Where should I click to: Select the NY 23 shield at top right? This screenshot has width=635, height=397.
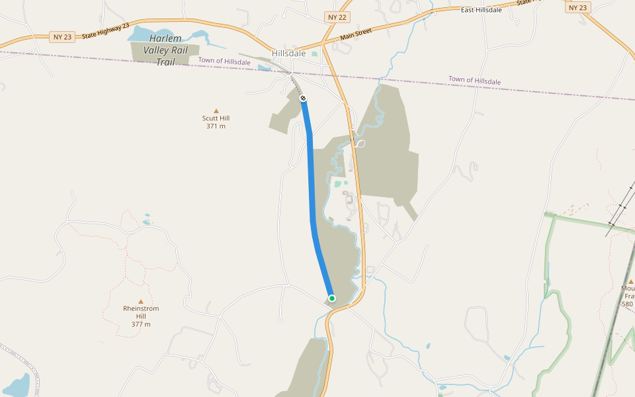pyautogui.click(x=577, y=7)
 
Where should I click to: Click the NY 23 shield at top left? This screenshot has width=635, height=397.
pyautogui.click(x=62, y=37)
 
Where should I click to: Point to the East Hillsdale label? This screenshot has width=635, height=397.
pyautogui.click(x=481, y=10)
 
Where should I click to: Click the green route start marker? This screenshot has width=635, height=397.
pyautogui.click(x=332, y=298)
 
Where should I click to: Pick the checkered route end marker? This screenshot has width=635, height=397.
pyautogui.click(x=303, y=98)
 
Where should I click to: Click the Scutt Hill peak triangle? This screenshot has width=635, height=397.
pyautogui.click(x=216, y=111)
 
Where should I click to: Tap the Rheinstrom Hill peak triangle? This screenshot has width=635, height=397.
pyautogui.click(x=140, y=301)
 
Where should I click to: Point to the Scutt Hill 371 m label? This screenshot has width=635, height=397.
pyautogui.click(x=216, y=122)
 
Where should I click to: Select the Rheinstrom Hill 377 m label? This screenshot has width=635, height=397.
pyautogui.click(x=141, y=316)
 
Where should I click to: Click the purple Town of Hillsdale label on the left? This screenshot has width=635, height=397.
pyautogui.click(x=224, y=62)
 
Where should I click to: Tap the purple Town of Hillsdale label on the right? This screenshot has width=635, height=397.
pyautogui.click(x=474, y=80)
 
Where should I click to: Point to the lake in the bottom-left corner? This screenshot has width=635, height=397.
pyautogui.click(x=17, y=385)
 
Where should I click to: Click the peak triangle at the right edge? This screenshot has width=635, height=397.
pyautogui.click(x=630, y=281)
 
